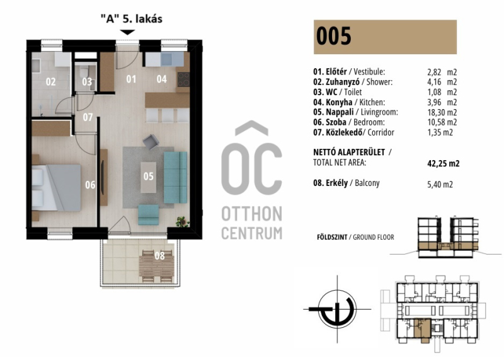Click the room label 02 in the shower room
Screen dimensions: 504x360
[51, 82]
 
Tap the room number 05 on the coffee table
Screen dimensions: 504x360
[149, 177]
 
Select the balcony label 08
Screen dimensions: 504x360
[160, 256]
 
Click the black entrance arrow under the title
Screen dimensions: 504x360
[128, 32]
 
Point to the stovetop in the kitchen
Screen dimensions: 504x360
[183, 79]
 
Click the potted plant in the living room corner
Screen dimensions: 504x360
[183, 222]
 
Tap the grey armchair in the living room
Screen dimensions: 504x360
[151, 142]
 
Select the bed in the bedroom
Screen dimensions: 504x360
[57, 188]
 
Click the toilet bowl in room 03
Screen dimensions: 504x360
[85, 74]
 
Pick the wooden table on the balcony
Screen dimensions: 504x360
[156, 267]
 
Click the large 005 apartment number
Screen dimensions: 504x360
[334, 36]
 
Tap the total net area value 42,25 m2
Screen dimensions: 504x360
[444, 163]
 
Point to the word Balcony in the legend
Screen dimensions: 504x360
[367, 183]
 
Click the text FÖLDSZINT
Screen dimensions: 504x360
[332, 237]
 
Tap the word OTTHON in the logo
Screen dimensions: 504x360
[251, 214]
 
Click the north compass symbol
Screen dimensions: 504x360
[337, 309]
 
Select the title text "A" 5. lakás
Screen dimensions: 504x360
[132, 19]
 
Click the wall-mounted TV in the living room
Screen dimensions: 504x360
[103, 177]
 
